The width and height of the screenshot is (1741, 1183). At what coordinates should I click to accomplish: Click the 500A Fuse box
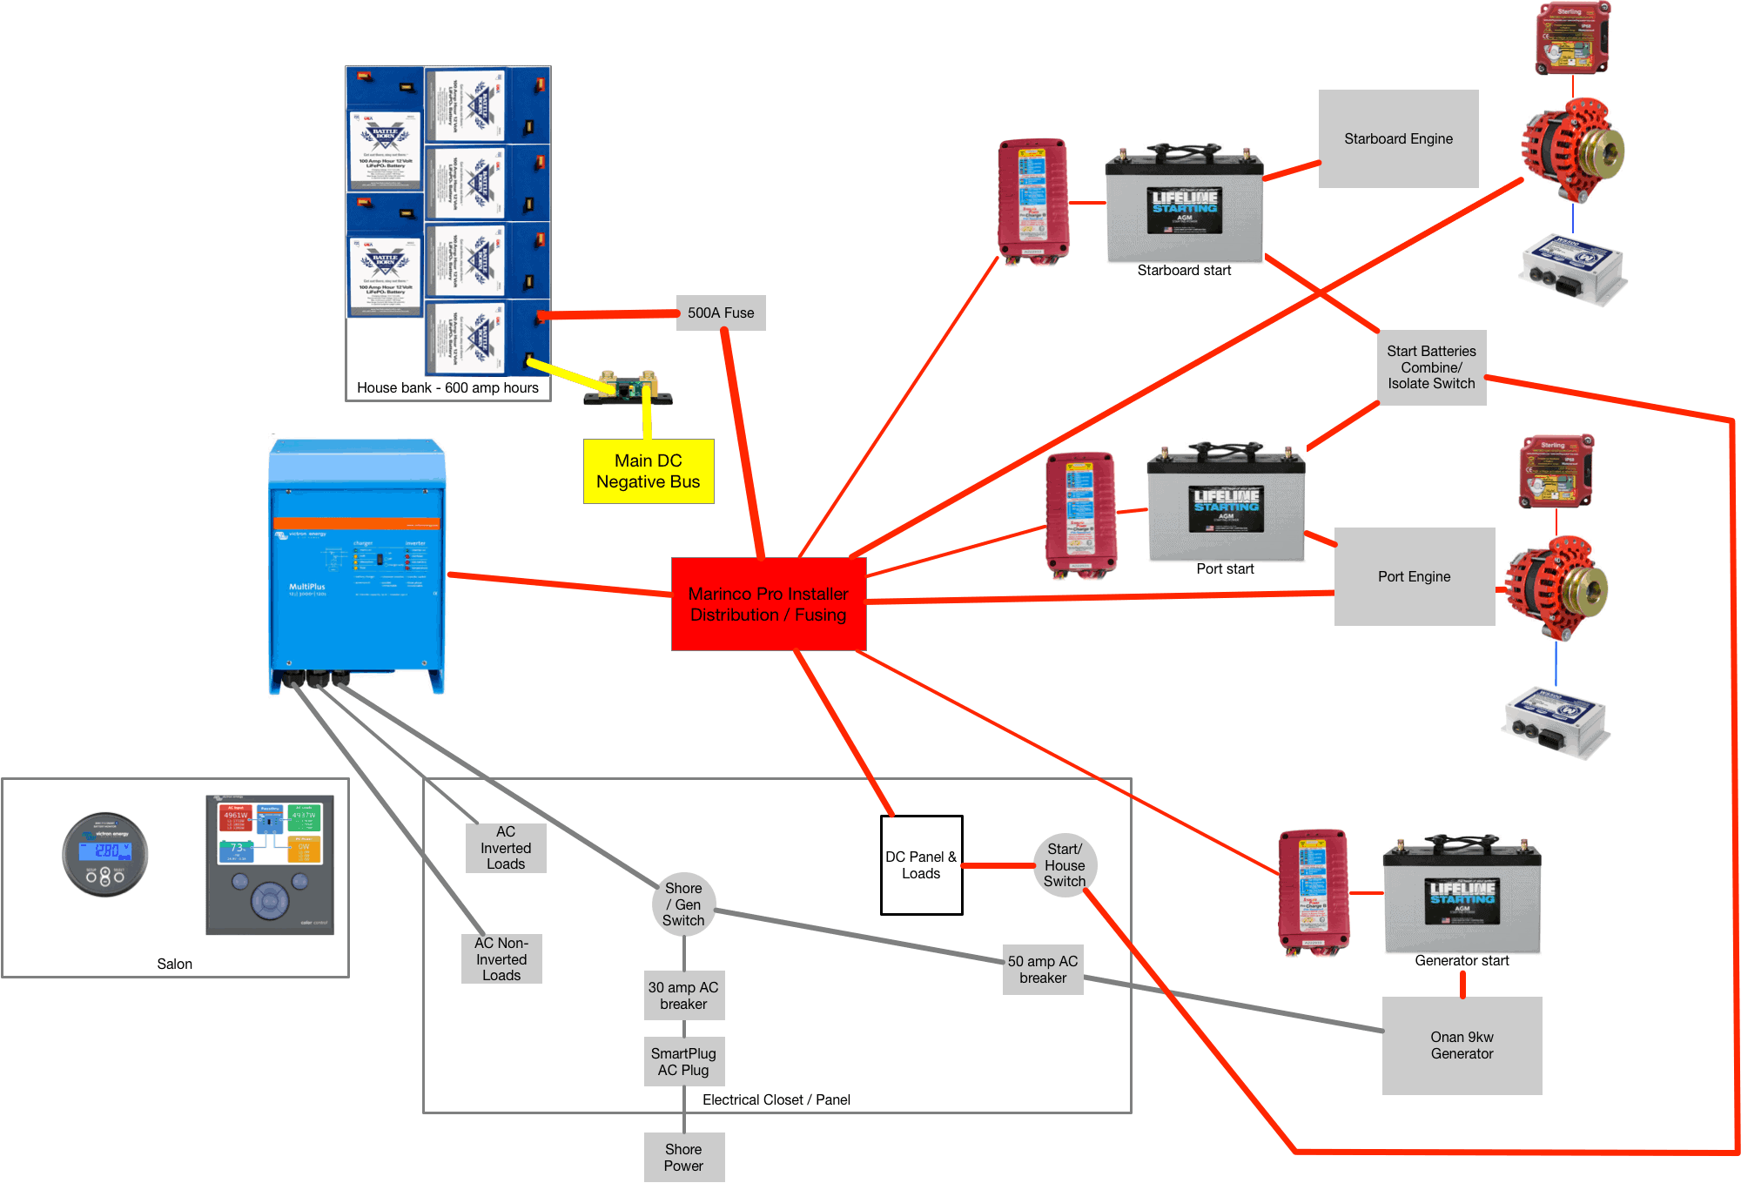tap(721, 313)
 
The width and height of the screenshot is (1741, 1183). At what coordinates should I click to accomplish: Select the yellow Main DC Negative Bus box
tap(649, 471)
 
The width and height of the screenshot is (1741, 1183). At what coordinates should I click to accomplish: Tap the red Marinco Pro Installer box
tap(769, 604)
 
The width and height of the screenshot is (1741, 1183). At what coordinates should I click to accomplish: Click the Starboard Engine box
tap(1398, 138)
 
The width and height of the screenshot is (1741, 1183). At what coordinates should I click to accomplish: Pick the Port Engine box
tap(1414, 576)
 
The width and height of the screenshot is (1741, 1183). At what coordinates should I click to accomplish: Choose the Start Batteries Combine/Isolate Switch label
tap(1431, 367)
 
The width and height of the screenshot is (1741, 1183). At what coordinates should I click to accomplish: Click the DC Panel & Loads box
tap(921, 865)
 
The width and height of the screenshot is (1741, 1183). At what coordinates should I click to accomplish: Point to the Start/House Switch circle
tap(1065, 865)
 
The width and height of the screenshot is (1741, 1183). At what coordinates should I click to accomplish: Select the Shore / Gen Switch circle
tap(683, 904)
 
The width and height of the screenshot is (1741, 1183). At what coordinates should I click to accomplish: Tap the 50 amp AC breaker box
tap(1043, 970)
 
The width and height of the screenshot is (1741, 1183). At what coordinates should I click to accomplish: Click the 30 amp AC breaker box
tap(683, 996)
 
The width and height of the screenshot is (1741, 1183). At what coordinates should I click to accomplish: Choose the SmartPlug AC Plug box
tap(683, 1062)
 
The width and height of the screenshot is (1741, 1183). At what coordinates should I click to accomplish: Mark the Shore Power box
tap(683, 1158)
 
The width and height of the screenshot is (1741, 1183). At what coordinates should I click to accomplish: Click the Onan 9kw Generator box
tap(1462, 1045)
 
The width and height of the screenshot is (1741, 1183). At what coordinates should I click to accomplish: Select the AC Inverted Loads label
tap(506, 848)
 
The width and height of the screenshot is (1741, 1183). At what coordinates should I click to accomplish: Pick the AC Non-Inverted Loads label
tap(501, 959)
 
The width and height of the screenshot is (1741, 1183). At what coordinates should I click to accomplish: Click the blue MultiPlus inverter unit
tap(357, 566)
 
